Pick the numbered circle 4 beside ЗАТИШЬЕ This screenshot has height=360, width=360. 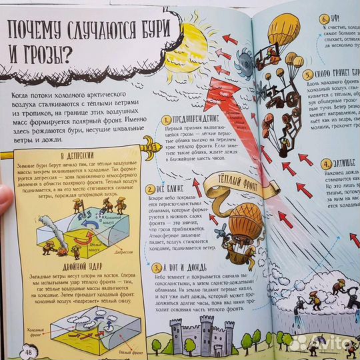[x=325, y=164]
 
